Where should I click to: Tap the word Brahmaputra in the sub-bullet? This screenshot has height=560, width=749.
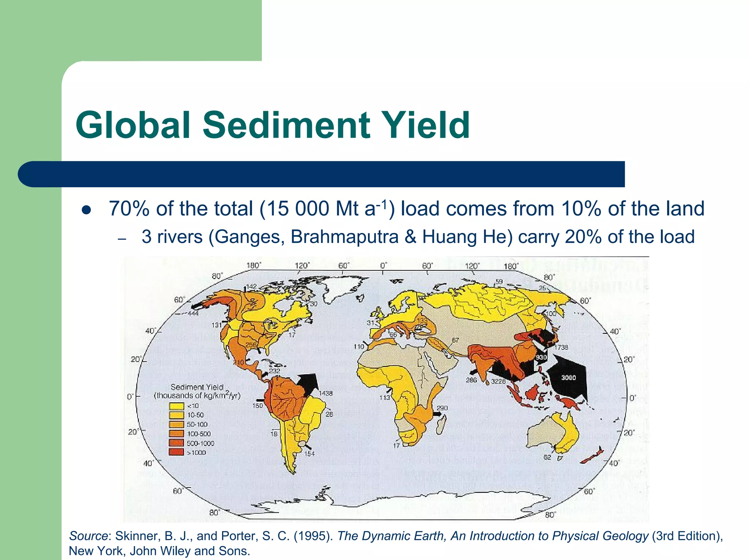[345, 237]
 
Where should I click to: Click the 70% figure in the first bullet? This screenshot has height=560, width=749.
[129, 209]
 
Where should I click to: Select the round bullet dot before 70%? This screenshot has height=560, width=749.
[87, 210]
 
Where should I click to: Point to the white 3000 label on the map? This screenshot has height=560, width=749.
[568, 377]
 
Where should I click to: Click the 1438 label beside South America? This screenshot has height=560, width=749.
[325, 393]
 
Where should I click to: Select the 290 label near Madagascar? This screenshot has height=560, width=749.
[442, 408]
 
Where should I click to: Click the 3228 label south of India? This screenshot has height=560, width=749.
[498, 382]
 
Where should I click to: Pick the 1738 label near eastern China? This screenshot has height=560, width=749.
[561, 347]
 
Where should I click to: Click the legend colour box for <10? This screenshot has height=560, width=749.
[176, 406]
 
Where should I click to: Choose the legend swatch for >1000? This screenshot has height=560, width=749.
[176, 452]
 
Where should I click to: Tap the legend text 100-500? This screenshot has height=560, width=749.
[199, 434]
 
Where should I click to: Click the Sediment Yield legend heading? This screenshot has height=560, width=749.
[197, 387]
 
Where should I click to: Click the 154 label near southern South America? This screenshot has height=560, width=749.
[309, 454]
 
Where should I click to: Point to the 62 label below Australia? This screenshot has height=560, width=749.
[547, 457]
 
